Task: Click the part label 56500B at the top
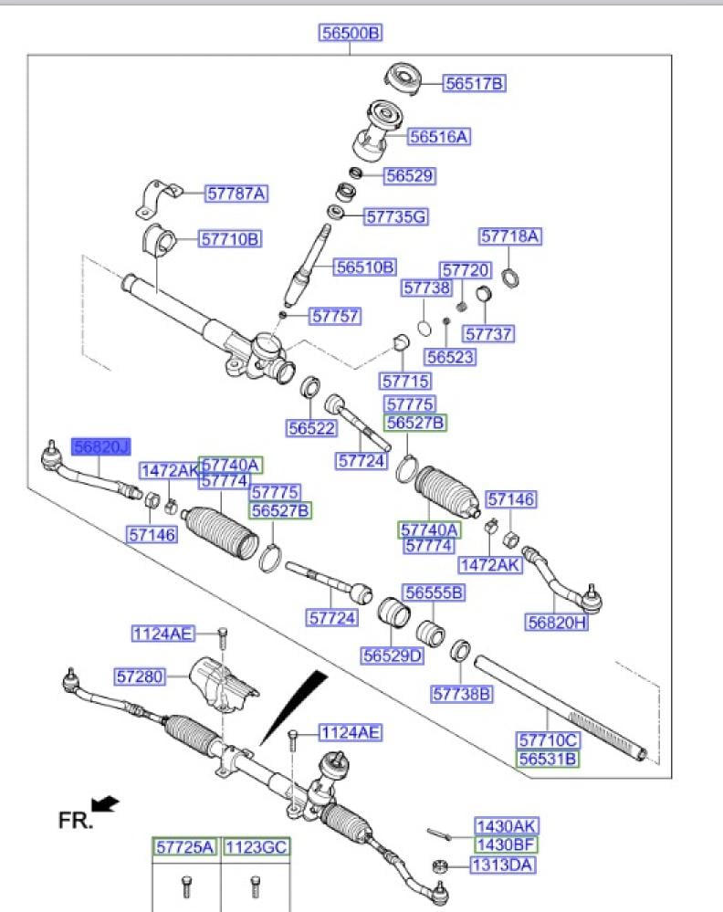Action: coord(351,34)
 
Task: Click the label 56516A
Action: coord(439,137)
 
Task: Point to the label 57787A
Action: coord(236,193)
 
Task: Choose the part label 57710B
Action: coord(231,239)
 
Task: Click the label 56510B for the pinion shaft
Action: coord(365,267)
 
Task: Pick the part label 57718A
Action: coord(510,236)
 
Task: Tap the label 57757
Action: coord(335,317)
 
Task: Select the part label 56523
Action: coord(450,357)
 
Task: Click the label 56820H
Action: coord(556,623)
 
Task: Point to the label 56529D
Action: coord(393,655)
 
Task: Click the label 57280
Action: coord(139,676)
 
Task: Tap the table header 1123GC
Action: coord(257,848)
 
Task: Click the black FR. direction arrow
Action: coord(106,803)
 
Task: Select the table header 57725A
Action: coord(183,848)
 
